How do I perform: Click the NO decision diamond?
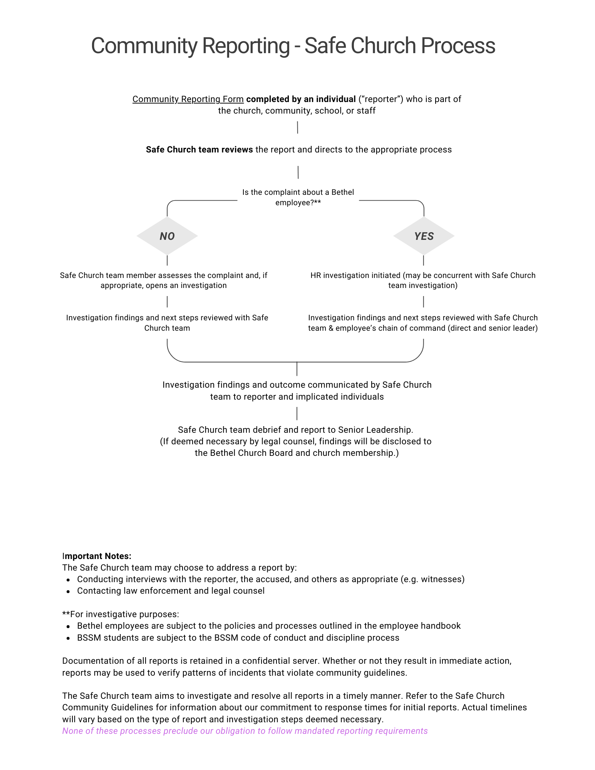click(167, 236)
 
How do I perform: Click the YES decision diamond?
click(424, 236)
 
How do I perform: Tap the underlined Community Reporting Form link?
click(188, 99)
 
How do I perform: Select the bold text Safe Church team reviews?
click(199, 150)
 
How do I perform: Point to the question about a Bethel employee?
click(298, 198)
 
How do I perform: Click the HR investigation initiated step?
click(423, 280)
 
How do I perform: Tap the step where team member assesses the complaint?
click(164, 280)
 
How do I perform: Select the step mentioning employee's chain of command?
click(423, 323)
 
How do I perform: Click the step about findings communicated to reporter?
click(297, 391)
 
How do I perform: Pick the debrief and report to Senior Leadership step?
click(296, 441)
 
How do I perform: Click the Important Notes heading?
click(97, 556)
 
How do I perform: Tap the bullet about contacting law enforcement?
click(171, 591)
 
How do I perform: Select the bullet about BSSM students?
click(238, 638)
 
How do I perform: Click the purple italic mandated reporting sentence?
click(245, 731)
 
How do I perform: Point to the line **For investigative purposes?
click(121, 614)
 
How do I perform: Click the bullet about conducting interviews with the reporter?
click(271, 579)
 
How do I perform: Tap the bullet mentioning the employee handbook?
click(269, 626)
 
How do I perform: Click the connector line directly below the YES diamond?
click(424, 260)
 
